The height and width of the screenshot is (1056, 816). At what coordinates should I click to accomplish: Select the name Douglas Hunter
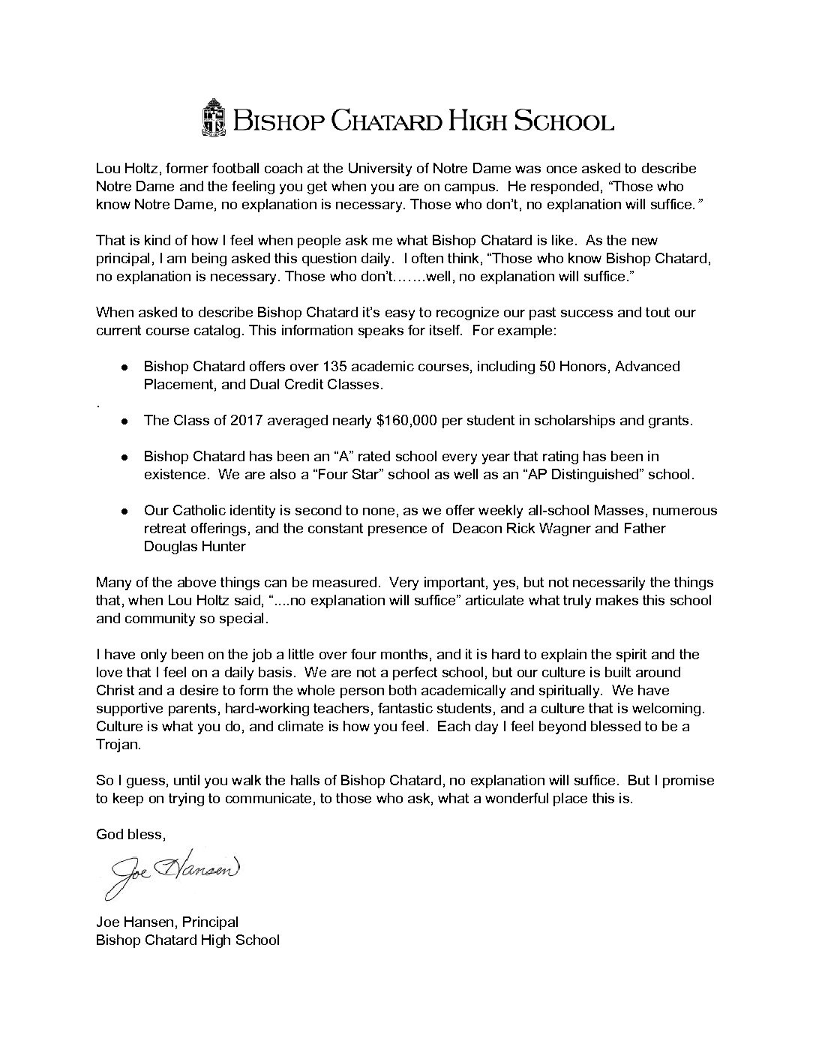[194, 547]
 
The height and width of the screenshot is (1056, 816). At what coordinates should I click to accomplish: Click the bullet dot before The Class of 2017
[125, 421]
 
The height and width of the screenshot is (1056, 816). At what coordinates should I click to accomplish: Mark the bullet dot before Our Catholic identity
[125, 511]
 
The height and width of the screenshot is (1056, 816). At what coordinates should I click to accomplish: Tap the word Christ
[117, 691]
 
